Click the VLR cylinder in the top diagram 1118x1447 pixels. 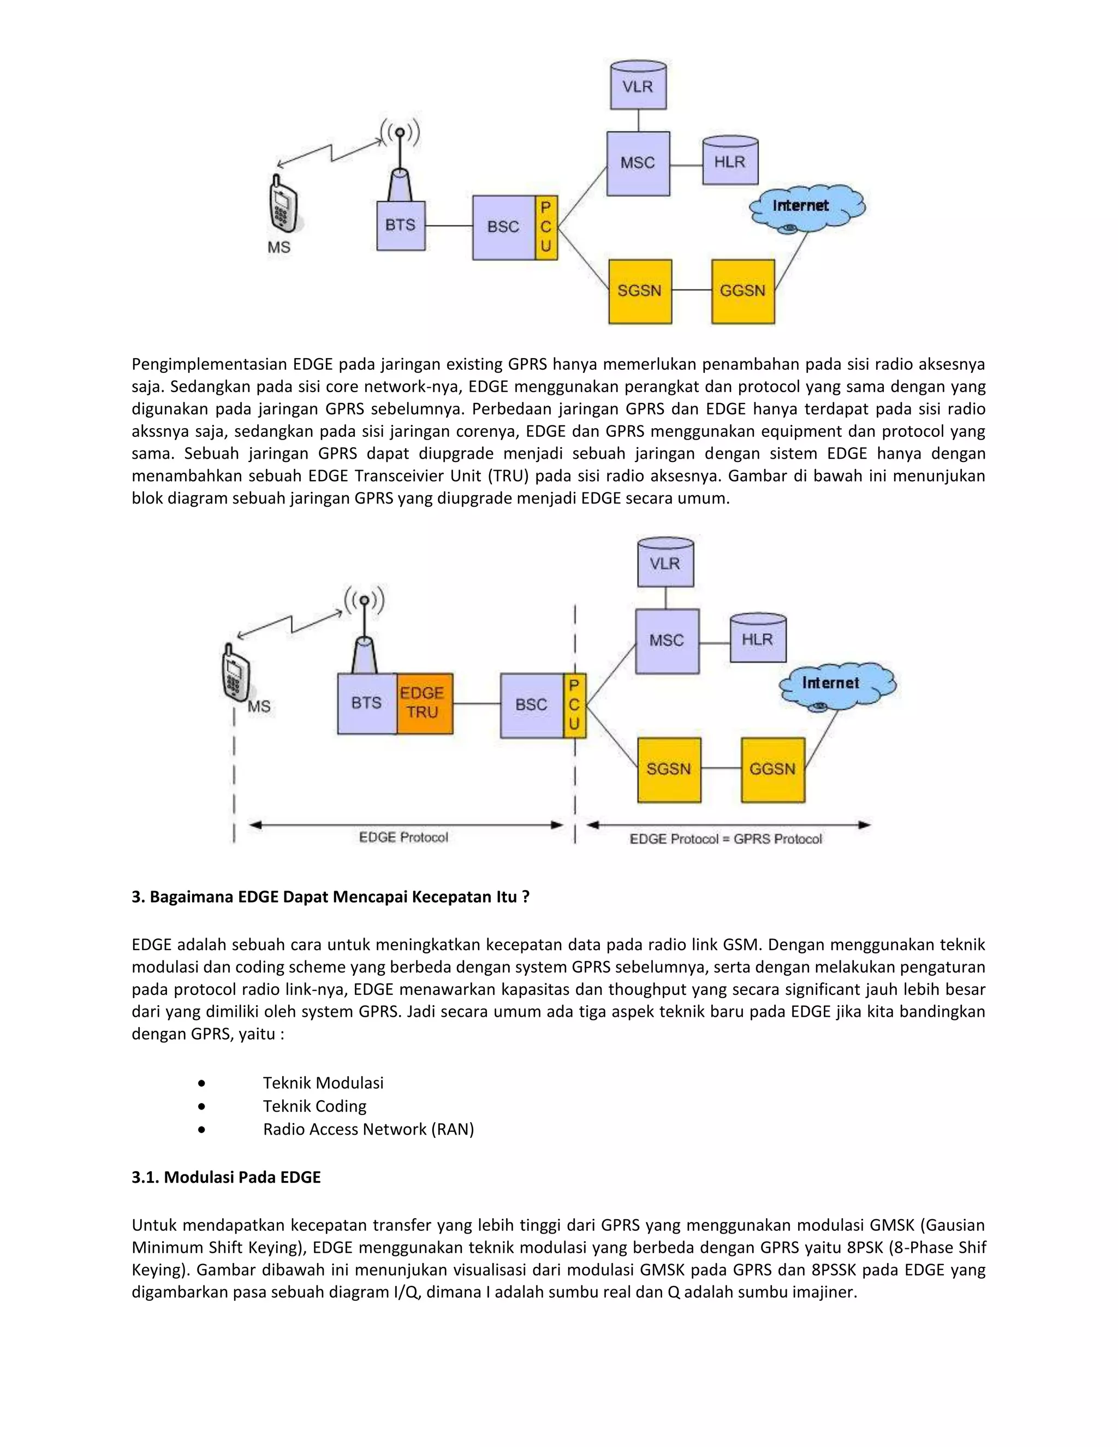coord(638,86)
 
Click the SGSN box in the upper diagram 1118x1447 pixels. coord(640,291)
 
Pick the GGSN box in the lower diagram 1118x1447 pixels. coord(772,769)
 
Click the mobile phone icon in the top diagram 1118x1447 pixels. coord(283,204)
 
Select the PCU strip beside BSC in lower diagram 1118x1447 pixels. coord(574,705)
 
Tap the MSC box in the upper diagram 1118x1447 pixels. coord(638,163)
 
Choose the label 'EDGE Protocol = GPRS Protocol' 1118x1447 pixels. coord(725,839)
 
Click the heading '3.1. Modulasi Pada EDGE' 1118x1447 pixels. coord(226,1177)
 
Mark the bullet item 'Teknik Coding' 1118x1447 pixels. coord(314,1106)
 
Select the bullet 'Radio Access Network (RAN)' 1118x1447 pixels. coord(368,1129)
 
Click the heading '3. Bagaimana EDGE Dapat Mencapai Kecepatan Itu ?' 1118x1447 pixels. coord(330,897)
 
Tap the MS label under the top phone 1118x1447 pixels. coord(279,247)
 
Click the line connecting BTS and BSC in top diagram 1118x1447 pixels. coord(448,226)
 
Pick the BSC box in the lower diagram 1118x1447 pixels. coord(531,705)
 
